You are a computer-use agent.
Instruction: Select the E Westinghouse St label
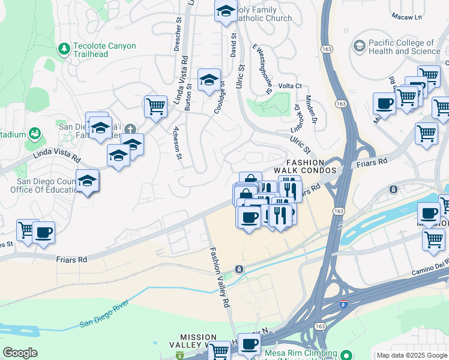point(263,68)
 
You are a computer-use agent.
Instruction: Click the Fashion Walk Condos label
point(305,167)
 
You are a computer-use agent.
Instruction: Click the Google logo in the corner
point(20,353)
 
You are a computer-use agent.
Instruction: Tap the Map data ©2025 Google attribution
point(412,355)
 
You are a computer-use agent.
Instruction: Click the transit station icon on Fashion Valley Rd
point(239,269)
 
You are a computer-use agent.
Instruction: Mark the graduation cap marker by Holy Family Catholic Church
point(226,11)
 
